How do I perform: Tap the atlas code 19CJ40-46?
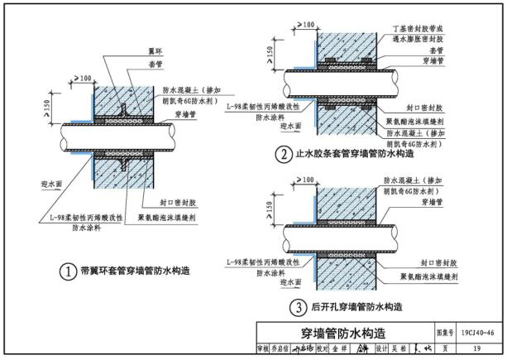pyautogui.click(x=480, y=333)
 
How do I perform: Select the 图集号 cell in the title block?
pyautogui.click(x=443, y=333)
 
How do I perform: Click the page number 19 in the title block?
pyautogui.click(x=479, y=349)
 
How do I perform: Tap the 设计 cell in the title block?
pyautogui.click(x=380, y=349)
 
